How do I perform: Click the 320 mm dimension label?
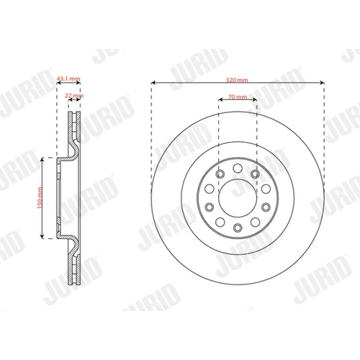[237, 80]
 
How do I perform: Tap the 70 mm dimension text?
[238, 96]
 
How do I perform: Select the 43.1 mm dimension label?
[68, 78]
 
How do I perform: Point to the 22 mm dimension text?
[74, 96]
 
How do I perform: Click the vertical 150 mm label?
[40, 198]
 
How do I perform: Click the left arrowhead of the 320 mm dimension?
[153, 83]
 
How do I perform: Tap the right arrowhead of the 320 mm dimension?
[323, 83]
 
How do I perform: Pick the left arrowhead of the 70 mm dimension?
[220, 100]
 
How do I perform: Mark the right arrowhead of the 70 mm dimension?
[255, 100]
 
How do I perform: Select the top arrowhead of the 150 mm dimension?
[42, 160]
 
